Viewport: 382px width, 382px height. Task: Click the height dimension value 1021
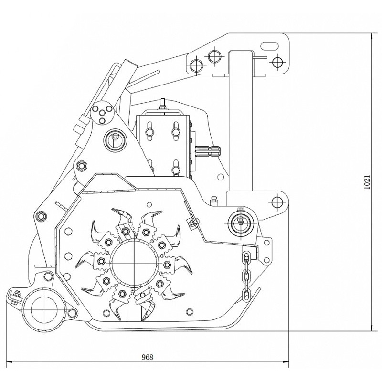coord(367,182)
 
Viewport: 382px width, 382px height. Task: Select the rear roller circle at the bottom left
coord(43,310)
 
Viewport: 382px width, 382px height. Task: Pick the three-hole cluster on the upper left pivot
coord(102,113)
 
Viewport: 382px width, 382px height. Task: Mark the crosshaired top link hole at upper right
coord(276,62)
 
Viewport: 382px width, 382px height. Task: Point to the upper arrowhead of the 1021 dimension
coord(372,36)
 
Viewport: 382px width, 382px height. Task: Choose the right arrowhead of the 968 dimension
coord(288,363)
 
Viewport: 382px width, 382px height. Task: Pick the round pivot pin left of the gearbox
coord(115,139)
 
